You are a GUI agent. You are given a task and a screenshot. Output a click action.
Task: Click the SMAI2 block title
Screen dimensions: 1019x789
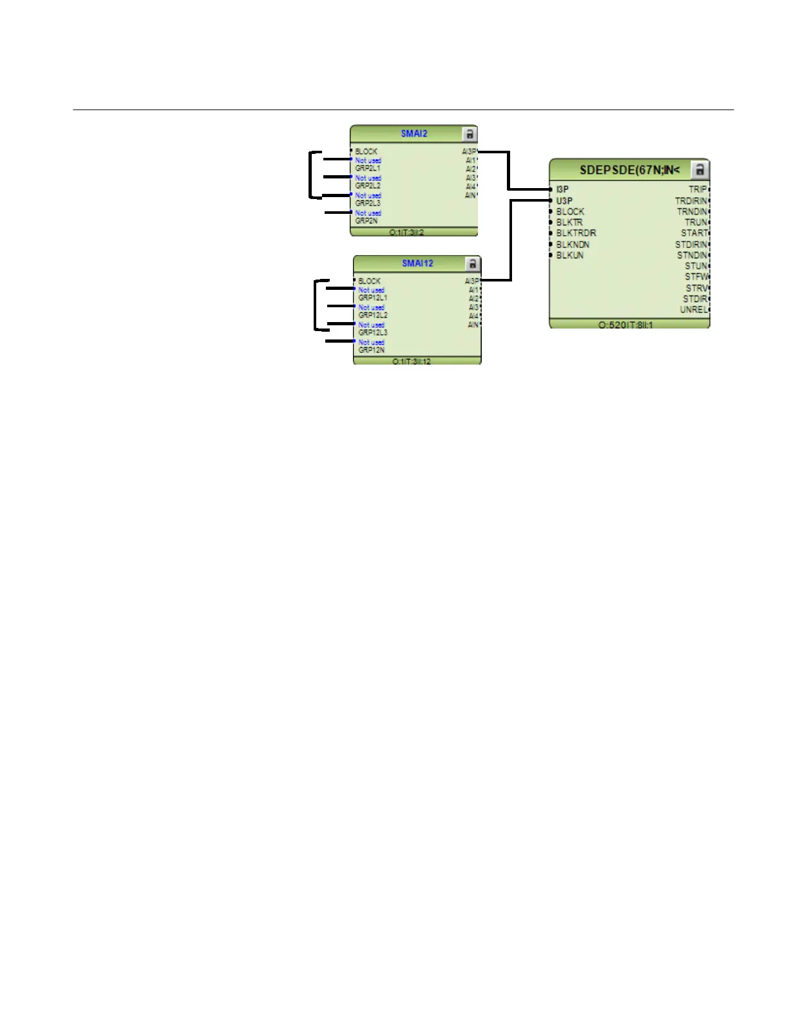414,134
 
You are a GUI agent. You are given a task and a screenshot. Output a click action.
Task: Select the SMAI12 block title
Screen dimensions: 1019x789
417,263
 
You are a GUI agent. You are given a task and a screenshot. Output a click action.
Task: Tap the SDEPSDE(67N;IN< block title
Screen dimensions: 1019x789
629,170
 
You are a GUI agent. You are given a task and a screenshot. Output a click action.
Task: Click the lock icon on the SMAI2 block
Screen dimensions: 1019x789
470,134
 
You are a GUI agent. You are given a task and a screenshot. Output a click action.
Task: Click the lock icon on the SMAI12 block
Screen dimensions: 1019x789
473,263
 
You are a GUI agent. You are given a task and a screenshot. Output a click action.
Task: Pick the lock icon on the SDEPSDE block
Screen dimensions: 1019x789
699,170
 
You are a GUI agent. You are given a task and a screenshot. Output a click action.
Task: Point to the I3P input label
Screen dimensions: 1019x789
562,189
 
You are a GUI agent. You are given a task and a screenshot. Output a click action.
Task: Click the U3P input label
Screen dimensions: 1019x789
564,201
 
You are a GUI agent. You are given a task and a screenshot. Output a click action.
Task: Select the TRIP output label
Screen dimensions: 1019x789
697,189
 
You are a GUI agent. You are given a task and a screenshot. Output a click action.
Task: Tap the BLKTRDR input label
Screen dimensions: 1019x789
576,233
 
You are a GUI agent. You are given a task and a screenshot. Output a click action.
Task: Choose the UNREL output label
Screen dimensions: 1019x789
693,310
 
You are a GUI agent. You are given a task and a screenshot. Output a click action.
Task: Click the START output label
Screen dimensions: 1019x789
694,233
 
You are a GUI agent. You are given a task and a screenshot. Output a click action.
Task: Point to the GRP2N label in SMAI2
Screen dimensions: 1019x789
366,221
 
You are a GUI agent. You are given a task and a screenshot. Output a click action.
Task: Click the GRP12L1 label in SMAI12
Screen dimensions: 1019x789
373,298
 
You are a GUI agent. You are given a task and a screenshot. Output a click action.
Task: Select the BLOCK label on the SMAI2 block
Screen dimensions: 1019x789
366,151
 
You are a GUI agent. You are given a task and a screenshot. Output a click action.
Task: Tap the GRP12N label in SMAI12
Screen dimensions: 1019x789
371,350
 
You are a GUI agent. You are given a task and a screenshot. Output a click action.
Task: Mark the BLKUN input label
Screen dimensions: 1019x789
569,255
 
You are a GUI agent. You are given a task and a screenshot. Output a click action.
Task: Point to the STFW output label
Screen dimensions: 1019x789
696,277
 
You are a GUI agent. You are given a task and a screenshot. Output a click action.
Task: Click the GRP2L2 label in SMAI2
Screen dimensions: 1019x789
368,186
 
